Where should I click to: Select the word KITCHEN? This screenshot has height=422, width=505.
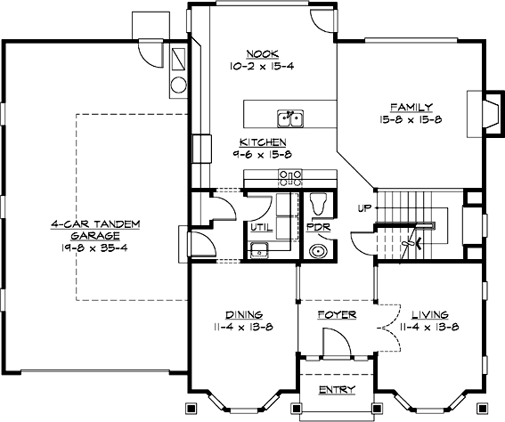click(x=262, y=142)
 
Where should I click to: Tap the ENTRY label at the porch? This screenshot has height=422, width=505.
click(x=337, y=390)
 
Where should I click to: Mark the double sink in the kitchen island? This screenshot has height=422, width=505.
click(x=291, y=118)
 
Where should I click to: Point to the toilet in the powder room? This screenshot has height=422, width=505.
click(x=319, y=205)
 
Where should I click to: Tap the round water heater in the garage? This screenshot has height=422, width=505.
click(x=178, y=85)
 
